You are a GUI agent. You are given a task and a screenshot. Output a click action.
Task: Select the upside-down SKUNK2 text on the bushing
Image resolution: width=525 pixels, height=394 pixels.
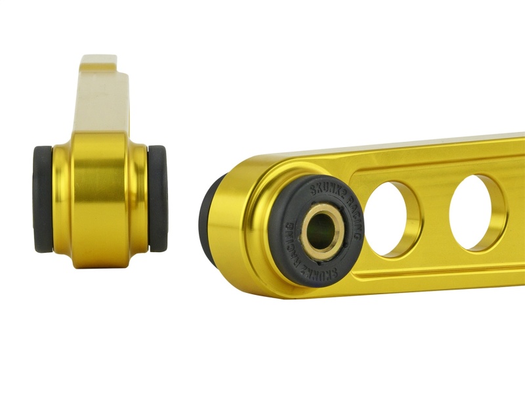(336, 267)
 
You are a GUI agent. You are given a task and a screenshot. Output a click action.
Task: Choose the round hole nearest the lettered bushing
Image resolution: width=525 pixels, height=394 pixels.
(392, 219)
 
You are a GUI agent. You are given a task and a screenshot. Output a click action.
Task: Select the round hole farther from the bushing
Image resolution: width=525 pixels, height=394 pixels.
(477, 212)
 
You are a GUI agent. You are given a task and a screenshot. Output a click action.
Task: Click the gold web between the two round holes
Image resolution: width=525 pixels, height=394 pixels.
(435, 217)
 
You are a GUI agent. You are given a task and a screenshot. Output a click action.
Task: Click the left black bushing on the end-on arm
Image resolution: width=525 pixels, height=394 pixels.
(41, 199)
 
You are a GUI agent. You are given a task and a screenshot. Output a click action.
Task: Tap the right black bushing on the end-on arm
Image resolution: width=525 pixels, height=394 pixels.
(157, 198)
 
